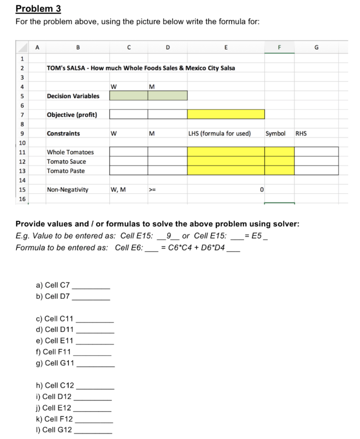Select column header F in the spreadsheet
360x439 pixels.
(279, 48)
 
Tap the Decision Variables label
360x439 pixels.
(73, 96)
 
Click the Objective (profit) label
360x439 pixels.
(72, 114)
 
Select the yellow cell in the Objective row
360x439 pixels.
(225, 114)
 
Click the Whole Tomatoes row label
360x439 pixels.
(70, 152)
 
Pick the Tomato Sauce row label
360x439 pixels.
(66, 162)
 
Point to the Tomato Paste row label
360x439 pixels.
(66, 171)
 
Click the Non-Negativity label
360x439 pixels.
(68, 190)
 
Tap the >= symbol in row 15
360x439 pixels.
(152, 190)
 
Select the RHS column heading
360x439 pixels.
(301, 133)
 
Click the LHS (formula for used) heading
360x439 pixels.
(219, 133)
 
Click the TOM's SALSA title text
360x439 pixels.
(141, 68)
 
